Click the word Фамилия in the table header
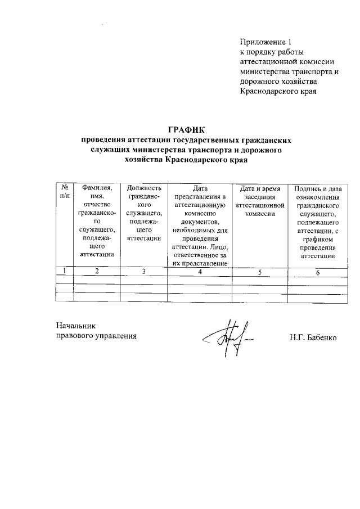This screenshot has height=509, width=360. [97, 188]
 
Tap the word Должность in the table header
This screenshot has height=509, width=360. [145, 188]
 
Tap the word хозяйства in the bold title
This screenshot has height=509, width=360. [144, 160]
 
